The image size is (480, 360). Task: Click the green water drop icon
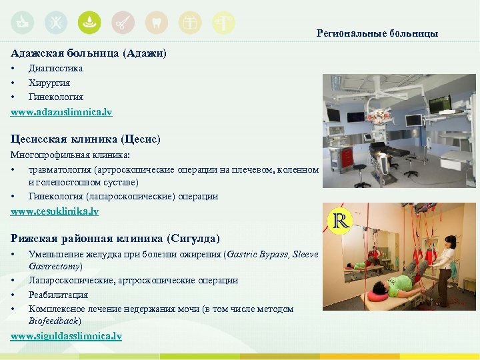coord(89,23)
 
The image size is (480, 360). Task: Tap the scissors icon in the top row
coord(123,23)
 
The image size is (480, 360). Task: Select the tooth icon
coord(157,23)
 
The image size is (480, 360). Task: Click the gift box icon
coord(190,23)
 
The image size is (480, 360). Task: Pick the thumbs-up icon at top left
coord(22,23)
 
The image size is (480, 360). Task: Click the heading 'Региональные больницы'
coord(377,33)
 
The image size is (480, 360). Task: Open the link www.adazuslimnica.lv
coord(61,112)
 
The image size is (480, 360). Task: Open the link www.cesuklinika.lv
coord(55,211)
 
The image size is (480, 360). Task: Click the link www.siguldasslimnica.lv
coord(66,335)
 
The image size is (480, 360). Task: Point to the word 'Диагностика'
coord(55,68)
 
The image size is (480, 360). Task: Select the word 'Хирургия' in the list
coord(49,83)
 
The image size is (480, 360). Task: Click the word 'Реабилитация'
coord(58,295)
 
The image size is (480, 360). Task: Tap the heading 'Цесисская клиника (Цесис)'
coord(85,139)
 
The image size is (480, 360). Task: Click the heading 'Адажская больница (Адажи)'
coord(89,52)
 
